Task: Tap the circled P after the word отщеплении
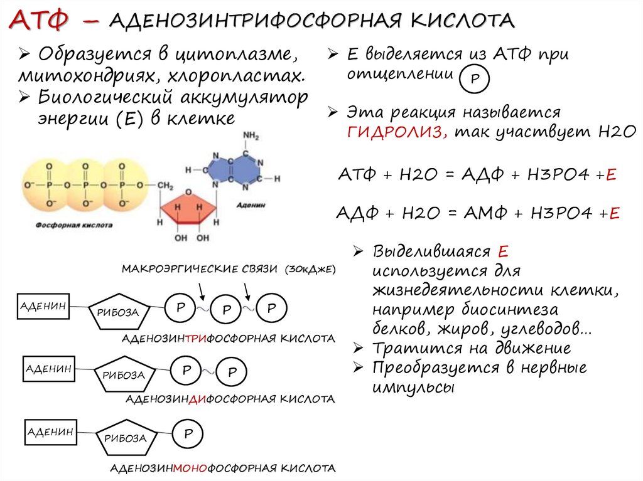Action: tap(475, 80)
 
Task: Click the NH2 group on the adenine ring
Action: tap(251, 135)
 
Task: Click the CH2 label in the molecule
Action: tap(165, 186)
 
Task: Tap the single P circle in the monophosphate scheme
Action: tap(188, 434)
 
